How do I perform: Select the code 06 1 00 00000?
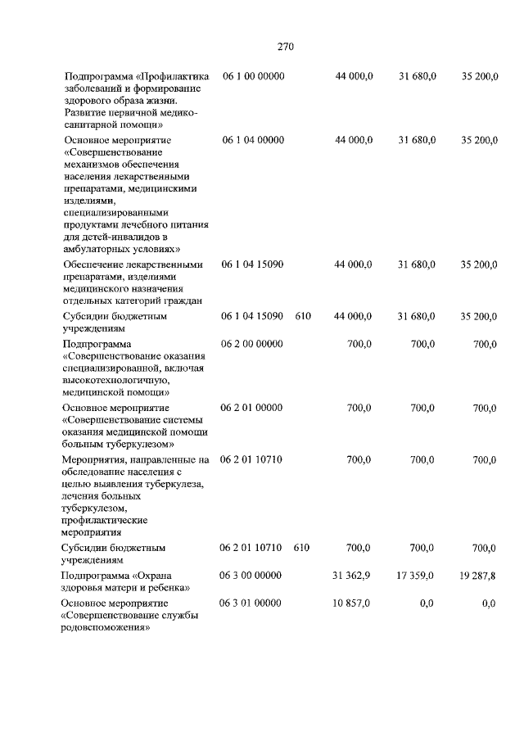(253, 76)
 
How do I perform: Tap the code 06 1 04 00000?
(253, 141)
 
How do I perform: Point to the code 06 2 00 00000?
(251, 345)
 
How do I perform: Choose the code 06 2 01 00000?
(251, 408)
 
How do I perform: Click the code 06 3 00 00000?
(251, 576)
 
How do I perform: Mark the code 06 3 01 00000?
(251, 603)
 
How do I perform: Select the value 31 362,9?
(351, 576)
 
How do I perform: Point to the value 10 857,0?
(351, 603)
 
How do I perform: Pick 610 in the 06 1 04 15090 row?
(303, 316)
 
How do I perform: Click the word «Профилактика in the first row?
(174, 76)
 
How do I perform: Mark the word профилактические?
(105, 520)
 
